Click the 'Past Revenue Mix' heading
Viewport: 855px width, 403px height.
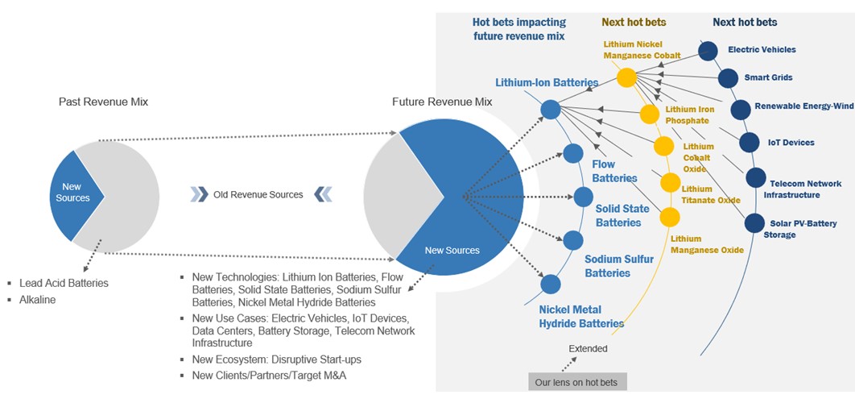point(103,102)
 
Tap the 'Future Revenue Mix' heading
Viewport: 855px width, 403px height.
point(442,102)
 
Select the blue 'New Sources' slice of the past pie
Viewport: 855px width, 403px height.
point(72,193)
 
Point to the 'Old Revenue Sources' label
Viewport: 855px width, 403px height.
point(258,194)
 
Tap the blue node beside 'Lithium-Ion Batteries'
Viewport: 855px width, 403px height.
point(550,110)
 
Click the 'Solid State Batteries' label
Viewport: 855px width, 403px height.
point(622,215)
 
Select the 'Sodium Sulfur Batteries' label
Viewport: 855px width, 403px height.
point(619,266)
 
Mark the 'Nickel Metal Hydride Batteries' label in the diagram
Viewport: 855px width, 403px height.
point(581,316)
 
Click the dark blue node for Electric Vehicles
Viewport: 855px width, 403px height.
point(708,51)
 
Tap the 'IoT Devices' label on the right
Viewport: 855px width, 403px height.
point(791,143)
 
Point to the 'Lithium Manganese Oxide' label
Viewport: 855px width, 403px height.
point(707,244)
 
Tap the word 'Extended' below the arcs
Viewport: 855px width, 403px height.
point(589,348)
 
